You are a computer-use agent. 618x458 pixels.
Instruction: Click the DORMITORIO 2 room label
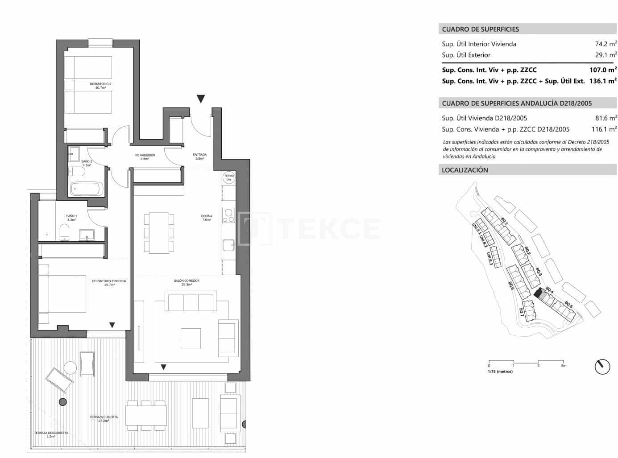[x=100, y=86]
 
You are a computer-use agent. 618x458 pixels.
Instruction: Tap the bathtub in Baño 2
[x=87, y=189]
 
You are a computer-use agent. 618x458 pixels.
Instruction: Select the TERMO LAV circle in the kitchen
[x=228, y=177]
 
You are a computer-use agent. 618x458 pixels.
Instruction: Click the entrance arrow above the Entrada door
[x=201, y=99]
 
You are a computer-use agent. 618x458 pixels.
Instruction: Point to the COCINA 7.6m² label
[x=206, y=218]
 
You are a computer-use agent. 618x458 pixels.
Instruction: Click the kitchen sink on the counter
[x=228, y=244]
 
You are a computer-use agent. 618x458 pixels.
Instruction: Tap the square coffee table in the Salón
[x=191, y=338]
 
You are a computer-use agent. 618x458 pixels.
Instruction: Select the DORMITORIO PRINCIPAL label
[x=109, y=283]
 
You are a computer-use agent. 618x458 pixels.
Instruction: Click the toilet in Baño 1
[x=65, y=232]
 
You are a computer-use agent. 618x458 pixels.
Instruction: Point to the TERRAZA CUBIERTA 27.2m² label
[x=104, y=419]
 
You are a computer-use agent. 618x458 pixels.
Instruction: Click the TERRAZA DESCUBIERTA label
[x=51, y=434]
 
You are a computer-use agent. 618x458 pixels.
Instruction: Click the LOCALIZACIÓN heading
[x=465, y=170]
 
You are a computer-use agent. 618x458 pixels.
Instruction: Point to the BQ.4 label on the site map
[x=549, y=291]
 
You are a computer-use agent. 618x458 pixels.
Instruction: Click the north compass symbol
[x=602, y=367]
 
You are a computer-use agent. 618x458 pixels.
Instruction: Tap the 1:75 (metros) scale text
[x=500, y=371]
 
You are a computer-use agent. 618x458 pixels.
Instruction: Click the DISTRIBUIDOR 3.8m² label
[x=145, y=157]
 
